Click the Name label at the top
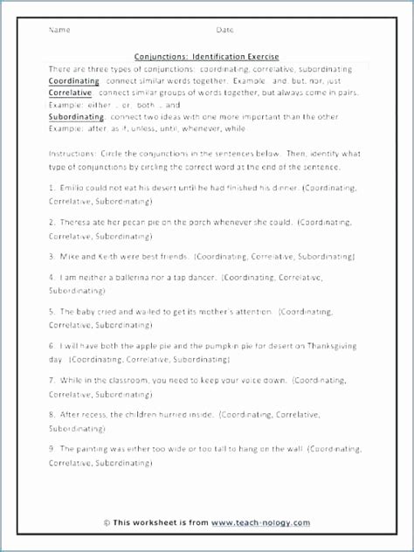point(59,30)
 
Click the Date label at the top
point(224,30)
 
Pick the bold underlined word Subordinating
point(77,116)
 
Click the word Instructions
point(72,154)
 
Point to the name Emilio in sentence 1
point(71,187)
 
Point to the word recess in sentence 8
point(90,415)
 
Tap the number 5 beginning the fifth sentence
point(52,311)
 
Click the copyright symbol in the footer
point(107,523)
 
